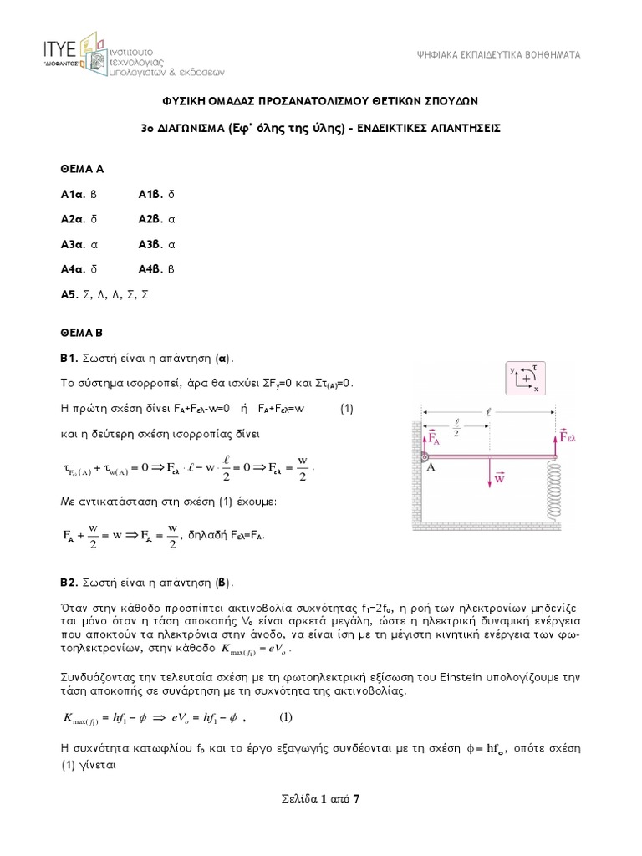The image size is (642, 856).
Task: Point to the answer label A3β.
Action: [x=151, y=245]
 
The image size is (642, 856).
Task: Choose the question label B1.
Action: [x=69, y=358]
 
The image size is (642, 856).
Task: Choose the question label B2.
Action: [x=69, y=581]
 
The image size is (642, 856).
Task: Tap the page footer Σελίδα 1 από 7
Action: [x=321, y=798]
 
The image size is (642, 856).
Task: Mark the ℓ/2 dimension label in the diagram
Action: [x=456, y=426]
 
